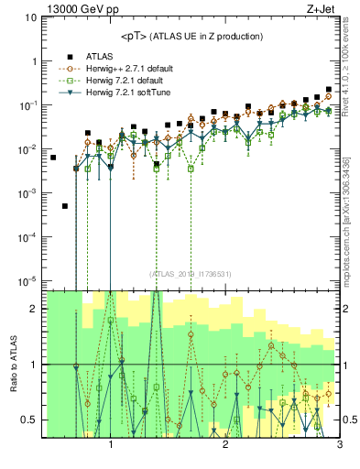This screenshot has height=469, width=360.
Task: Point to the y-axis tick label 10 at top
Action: coord(30,17)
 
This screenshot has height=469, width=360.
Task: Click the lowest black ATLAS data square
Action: coord(64,206)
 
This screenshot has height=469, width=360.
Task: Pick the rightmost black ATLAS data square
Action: coord(329,90)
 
